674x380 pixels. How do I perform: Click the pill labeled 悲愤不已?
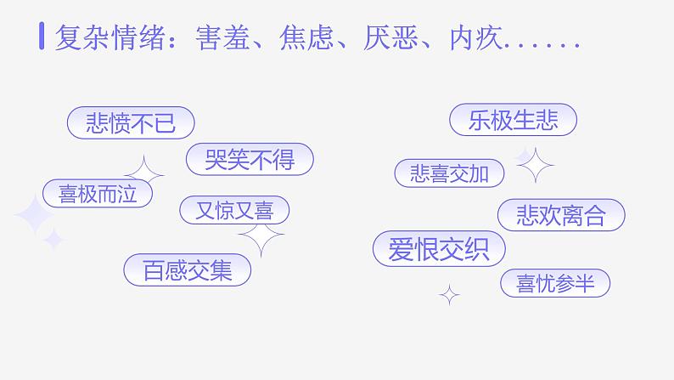click(131, 124)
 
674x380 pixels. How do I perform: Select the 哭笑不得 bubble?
click(250, 159)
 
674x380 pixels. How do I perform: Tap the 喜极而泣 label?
click(98, 194)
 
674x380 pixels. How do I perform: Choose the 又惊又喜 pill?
click(234, 210)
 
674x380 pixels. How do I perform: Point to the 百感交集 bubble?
click(188, 270)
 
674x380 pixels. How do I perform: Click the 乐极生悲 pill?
click(513, 121)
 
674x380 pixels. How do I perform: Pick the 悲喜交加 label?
click(449, 174)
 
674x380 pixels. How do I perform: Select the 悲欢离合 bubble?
click(560, 216)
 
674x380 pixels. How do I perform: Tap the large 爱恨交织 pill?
click(439, 249)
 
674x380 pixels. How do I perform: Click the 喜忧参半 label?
click(555, 284)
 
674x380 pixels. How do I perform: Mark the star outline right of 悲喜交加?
click(535, 164)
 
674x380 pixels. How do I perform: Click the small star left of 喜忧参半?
click(449, 295)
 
